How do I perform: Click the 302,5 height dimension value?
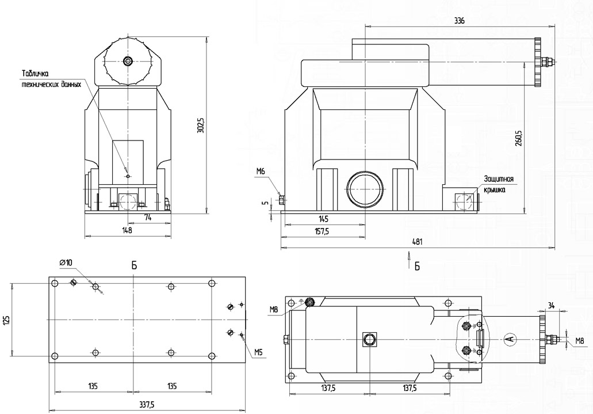click(201, 125)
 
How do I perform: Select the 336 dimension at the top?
click(459, 21)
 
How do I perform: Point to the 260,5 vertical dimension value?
click(518, 138)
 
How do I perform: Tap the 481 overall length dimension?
click(418, 241)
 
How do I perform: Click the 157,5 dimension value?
click(322, 231)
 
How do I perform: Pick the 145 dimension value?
click(323, 219)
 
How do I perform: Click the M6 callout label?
click(261, 171)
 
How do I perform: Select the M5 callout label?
click(258, 352)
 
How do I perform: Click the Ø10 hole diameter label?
click(66, 262)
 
